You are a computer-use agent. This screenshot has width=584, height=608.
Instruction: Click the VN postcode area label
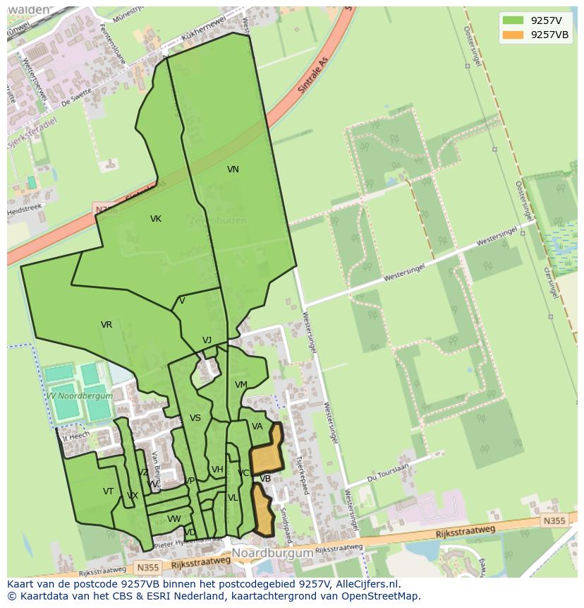233,169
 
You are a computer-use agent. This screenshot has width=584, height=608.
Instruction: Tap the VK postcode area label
156,219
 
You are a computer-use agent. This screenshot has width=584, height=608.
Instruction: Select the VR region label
107,325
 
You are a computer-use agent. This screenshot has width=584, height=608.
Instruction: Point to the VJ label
207,340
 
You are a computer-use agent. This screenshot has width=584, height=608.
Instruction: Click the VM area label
241,385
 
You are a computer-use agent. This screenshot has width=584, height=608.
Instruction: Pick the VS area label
195,418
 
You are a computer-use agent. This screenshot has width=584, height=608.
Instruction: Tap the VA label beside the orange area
257,427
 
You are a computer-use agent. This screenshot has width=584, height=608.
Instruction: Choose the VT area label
108,491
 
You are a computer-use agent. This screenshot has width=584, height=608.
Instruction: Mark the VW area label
174,519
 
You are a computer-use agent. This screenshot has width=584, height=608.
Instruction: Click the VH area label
217,470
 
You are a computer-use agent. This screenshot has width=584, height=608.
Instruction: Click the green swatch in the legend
513,20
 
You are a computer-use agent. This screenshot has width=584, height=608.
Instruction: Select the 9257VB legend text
549,35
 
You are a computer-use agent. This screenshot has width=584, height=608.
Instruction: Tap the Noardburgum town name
272,553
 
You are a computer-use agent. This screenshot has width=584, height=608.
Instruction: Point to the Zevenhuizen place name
217,220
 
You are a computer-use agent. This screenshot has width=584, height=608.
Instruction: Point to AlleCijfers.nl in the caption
366,584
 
